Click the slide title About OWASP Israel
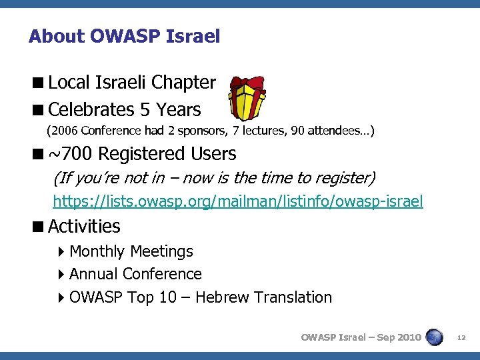(x=124, y=36)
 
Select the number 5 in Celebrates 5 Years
(x=145, y=109)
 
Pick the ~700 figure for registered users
(x=71, y=154)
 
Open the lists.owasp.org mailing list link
(x=237, y=201)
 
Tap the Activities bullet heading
(x=84, y=227)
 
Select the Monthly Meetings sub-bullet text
(x=131, y=251)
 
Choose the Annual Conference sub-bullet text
(x=135, y=274)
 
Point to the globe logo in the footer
(x=435, y=337)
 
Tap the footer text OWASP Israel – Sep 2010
(x=361, y=337)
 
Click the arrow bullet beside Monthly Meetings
(x=61, y=252)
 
